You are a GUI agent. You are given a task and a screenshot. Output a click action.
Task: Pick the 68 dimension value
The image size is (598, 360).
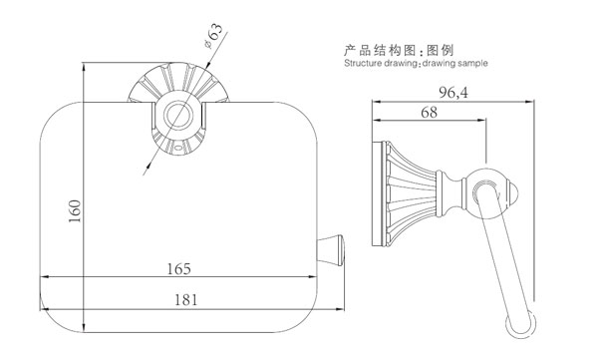[x=429, y=114]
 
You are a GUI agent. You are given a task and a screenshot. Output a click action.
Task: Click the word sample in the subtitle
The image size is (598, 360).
[x=471, y=62]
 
